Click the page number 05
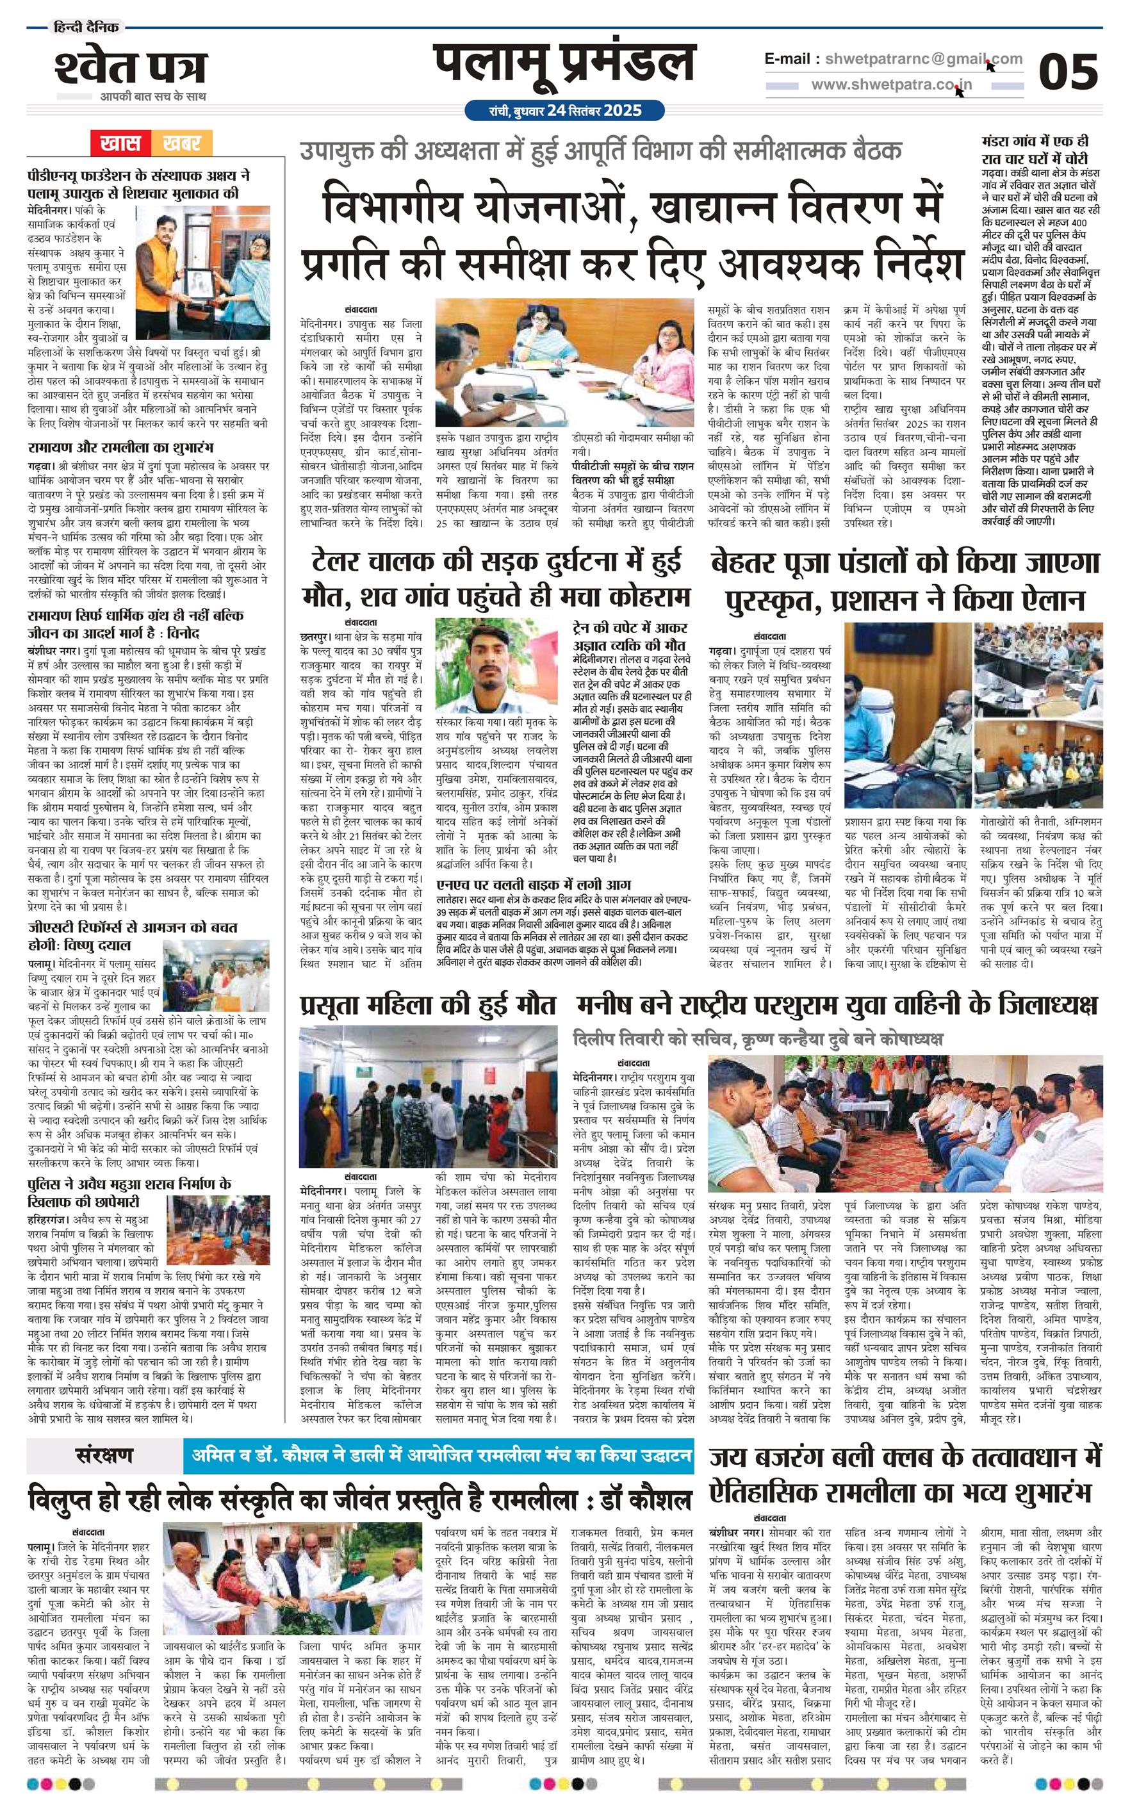pos(1068,72)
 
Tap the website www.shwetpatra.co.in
pos(892,85)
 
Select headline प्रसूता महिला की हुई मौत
pos(427,1006)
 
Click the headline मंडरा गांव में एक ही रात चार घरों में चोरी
pos(1035,149)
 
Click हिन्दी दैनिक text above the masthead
pos(86,28)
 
